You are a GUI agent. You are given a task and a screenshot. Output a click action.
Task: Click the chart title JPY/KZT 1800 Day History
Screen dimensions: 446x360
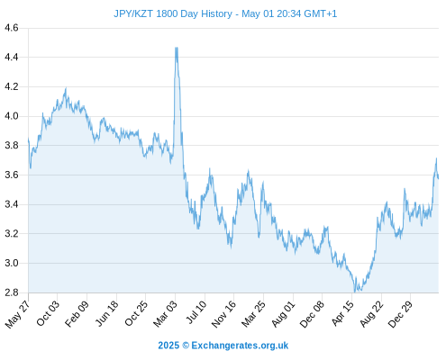(x=173, y=13)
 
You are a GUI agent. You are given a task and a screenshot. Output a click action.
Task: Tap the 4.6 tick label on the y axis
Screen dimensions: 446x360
(x=12, y=28)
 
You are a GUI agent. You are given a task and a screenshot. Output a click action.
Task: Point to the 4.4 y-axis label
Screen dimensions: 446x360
(x=12, y=57)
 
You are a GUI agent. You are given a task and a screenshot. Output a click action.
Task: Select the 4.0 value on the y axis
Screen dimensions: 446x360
(x=12, y=116)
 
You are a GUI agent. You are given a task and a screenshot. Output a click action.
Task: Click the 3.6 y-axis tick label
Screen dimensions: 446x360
(x=12, y=175)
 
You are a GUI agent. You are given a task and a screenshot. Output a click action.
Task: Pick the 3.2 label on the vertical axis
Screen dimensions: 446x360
(x=12, y=233)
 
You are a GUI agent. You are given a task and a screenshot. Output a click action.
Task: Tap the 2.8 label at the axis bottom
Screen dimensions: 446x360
(x=12, y=292)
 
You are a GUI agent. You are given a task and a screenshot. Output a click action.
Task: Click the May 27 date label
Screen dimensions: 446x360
(x=18, y=314)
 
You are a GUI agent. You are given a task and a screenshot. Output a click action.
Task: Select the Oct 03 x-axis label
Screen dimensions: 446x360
(x=48, y=313)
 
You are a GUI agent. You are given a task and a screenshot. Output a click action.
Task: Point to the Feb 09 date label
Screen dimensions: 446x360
(x=77, y=314)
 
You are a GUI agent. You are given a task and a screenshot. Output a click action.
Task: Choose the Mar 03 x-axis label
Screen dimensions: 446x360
(x=166, y=314)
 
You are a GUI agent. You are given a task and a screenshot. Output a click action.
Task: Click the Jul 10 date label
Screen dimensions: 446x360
(x=196, y=312)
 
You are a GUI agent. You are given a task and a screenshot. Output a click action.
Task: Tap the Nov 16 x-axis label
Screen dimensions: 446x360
(x=223, y=314)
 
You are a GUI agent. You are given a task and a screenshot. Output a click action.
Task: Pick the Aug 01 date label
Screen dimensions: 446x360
(x=284, y=314)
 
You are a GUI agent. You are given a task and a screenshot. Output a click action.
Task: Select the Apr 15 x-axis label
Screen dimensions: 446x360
(x=343, y=313)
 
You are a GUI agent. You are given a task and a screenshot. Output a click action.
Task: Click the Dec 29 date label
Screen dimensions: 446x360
(x=401, y=314)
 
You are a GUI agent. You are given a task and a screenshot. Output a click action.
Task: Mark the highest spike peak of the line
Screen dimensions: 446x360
(x=177, y=48)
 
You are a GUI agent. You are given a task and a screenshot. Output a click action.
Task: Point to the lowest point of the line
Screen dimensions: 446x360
(x=355, y=292)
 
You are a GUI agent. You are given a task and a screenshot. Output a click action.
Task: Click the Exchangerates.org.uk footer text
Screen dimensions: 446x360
(x=240, y=346)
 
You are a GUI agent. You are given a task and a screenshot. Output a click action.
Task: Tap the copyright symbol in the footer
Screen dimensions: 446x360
(x=186, y=346)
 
